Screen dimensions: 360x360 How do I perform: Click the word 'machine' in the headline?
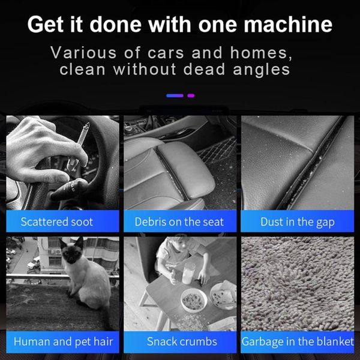pyautogui.click(x=288, y=25)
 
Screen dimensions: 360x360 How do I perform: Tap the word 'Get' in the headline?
pyautogui.click(x=45, y=25)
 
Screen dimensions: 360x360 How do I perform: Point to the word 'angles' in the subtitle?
pyautogui.click(x=262, y=70)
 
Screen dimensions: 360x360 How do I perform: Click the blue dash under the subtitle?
pyautogui.click(x=175, y=95)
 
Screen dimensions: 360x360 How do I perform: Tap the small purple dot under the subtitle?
pyautogui.click(x=191, y=95)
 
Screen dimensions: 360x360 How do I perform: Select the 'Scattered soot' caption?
pyautogui.click(x=57, y=222)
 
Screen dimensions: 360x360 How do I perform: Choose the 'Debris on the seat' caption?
pyautogui.click(x=179, y=222)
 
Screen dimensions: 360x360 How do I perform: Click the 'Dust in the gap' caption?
pyautogui.click(x=298, y=222)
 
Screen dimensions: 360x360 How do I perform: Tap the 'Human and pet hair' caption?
pyautogui.click(x=63, y=341)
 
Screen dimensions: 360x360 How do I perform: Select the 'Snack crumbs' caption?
pyautogui.click(x=182, y=341)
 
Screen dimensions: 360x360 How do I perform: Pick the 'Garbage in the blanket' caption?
pyautogui.click(x=298, y=341)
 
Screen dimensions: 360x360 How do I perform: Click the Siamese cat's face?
pyautogui.click(x=71, y=251)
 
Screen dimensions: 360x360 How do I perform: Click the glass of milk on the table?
pyautogui.click(x=188, y=273)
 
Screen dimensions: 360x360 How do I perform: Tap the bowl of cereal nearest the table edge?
pyautogui.click(x=194, y=300)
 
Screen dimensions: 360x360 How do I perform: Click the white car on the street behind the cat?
pyautogui.click(x=34, y=263)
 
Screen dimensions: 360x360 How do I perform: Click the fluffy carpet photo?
pyautogui.click(x=298, y=284)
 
